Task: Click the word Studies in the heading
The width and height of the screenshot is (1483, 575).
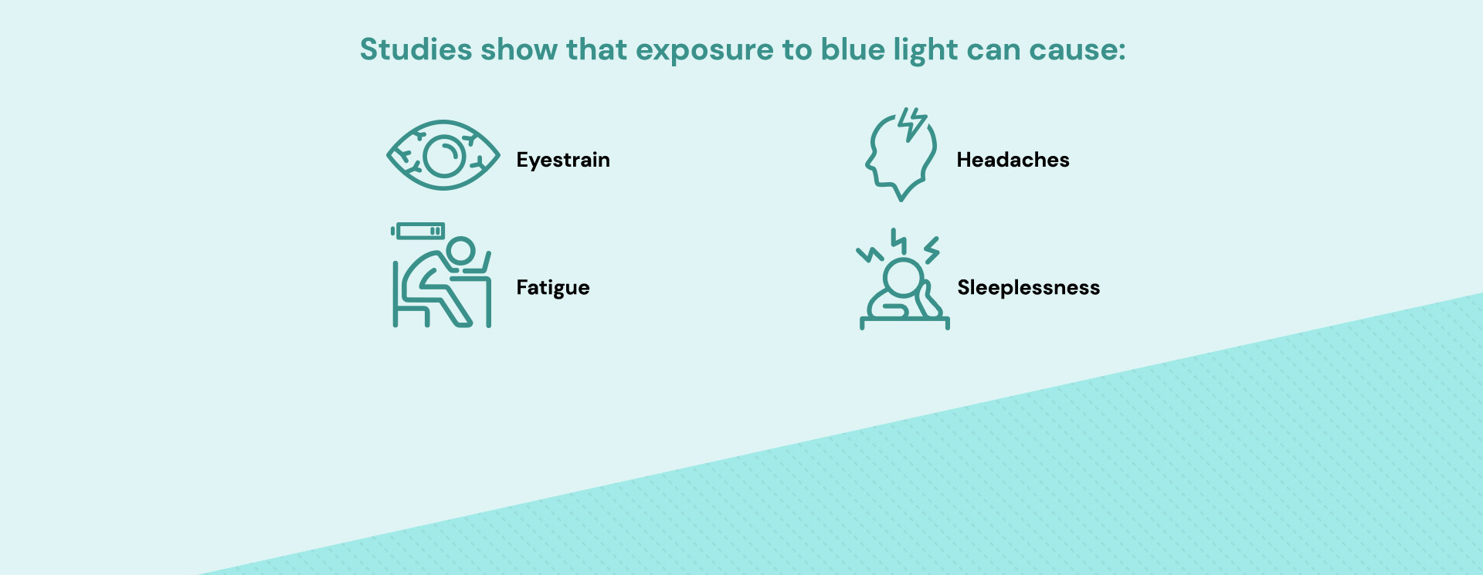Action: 416,49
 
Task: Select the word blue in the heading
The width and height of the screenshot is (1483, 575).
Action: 852,49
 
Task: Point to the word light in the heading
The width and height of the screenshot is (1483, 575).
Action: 925,51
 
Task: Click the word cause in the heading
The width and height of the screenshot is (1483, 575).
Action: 1077,51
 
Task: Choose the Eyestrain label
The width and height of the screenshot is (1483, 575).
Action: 563,161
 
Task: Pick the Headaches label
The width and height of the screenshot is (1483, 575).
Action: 1013,160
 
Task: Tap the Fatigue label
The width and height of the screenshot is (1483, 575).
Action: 553,288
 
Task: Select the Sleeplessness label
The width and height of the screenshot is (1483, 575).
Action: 1028,288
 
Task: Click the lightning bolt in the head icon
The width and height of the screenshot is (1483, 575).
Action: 912,123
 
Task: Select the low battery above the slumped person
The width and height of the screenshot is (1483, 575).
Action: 418,232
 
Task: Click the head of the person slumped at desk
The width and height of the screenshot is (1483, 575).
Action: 461,251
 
